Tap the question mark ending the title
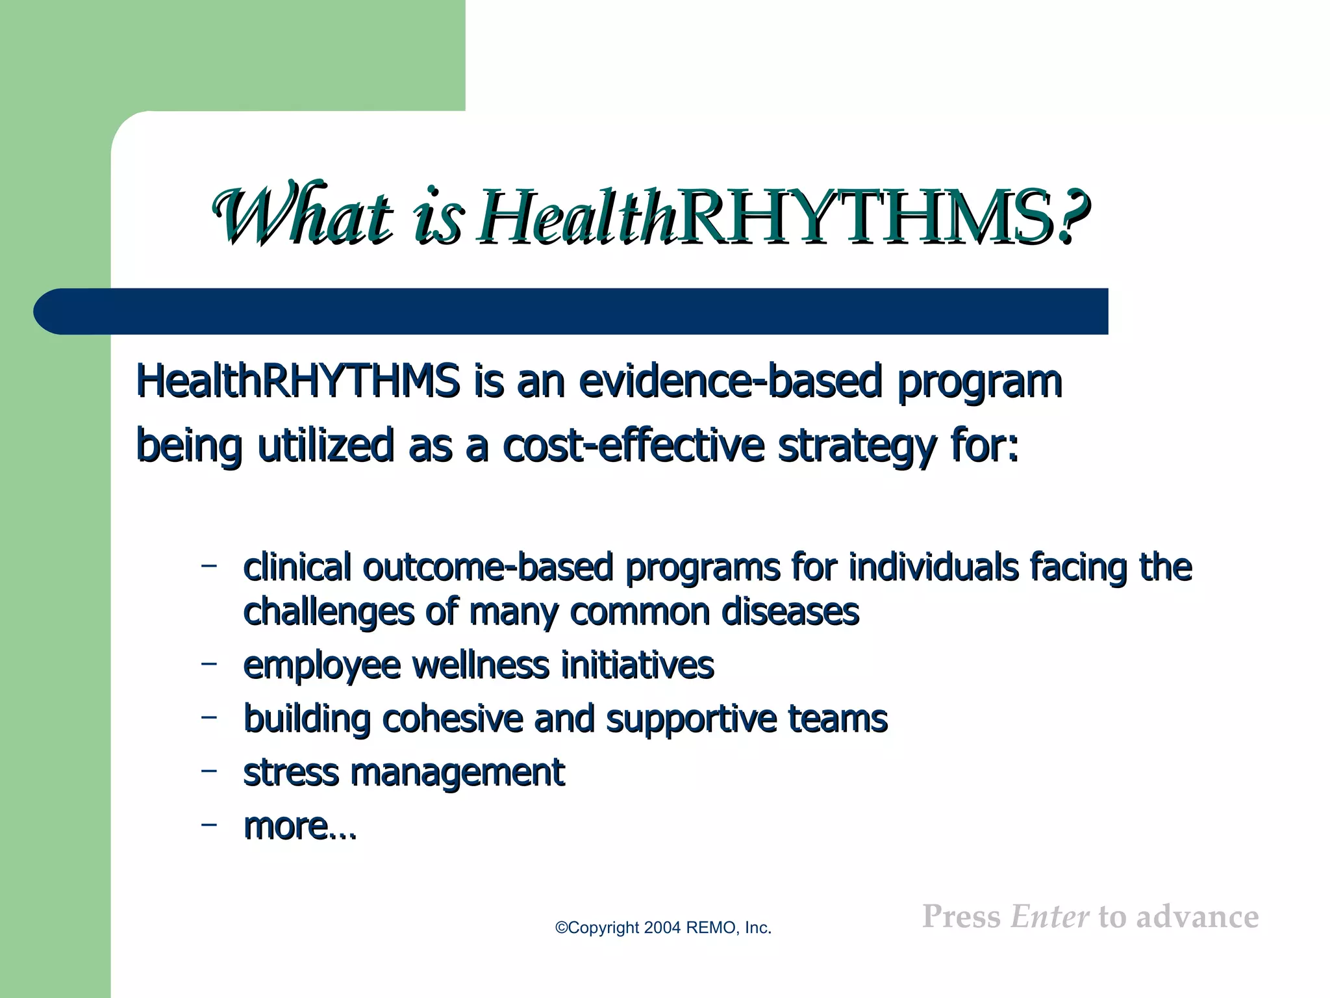[1072, 216]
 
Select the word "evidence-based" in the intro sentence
[730, 381]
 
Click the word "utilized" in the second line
[325, 446]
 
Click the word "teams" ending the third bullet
[838, 719]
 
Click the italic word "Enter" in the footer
[1049, 917]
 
